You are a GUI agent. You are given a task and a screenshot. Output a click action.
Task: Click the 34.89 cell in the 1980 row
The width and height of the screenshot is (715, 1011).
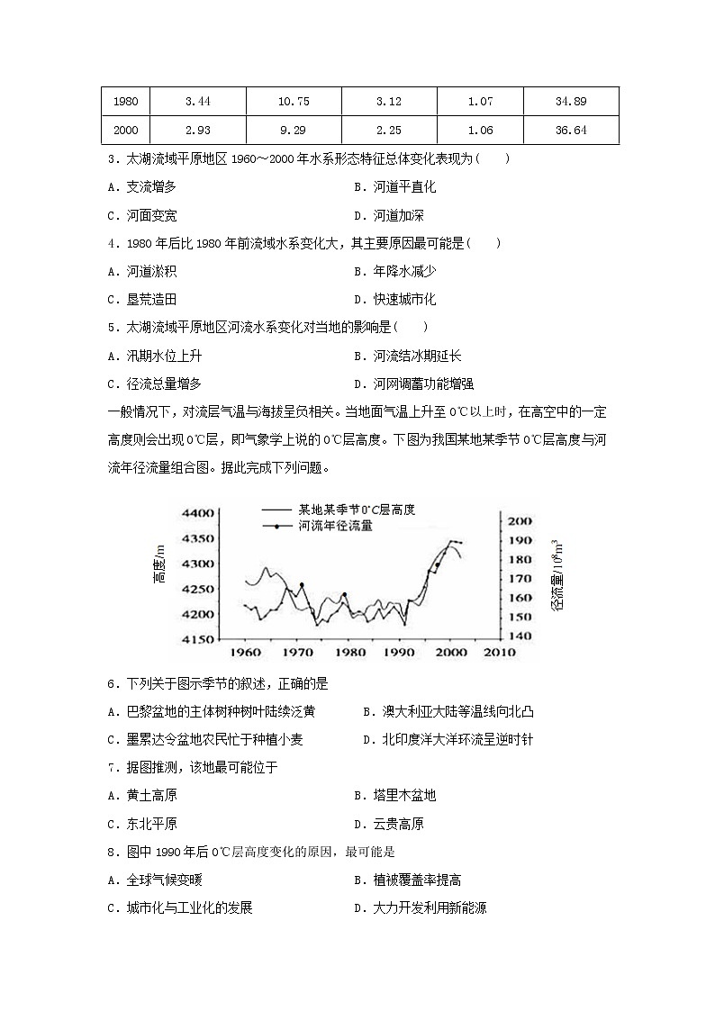coord(571,102)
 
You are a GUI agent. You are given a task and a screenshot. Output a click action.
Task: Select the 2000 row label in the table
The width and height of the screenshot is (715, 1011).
coord(126,131)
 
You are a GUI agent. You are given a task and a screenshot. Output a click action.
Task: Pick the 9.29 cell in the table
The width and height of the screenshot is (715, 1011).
coord(293,131)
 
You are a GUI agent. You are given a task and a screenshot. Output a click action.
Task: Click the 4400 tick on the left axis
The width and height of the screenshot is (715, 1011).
coord(197,513)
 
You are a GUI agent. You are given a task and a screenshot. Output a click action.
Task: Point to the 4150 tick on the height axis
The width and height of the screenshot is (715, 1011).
coord(197,639)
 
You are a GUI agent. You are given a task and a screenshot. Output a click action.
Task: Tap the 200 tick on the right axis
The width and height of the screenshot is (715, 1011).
coord(520,521)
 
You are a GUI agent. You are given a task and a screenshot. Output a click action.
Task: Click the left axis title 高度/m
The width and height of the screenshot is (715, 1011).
coord(160,571)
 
